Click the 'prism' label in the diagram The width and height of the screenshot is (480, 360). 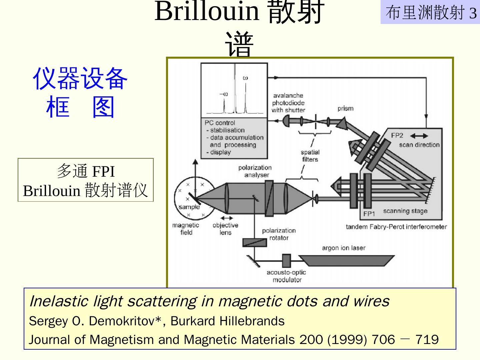345,109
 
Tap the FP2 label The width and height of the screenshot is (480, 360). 397,135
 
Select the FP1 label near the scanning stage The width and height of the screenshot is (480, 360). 369,214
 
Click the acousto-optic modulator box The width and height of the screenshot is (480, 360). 286,261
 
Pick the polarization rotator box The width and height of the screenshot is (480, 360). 255,242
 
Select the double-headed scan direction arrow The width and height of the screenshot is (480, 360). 419,136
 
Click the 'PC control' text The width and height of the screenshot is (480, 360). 220,123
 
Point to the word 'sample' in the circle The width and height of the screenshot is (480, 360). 189,207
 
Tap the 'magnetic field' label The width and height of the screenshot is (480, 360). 186,229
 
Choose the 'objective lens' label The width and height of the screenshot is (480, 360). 225,229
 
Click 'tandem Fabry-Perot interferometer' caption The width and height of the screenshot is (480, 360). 396,227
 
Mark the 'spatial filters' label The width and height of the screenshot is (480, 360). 310,156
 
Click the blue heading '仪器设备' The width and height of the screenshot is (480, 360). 80,78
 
